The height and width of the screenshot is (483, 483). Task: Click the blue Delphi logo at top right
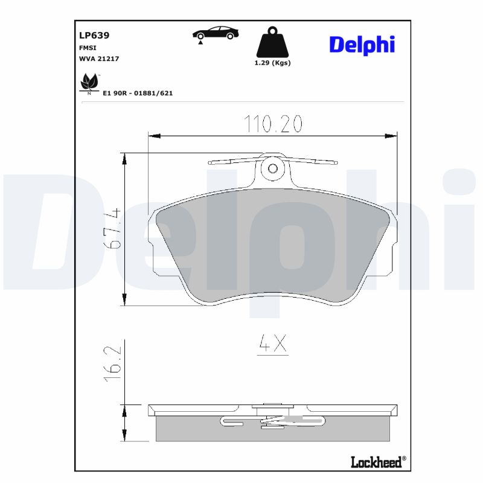point(362,44)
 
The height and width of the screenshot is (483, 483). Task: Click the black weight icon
point(272,42)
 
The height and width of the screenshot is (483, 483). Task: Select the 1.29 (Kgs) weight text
point(272,63)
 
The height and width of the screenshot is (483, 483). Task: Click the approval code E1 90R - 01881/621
point(138,94)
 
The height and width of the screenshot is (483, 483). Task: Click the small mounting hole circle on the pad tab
point(272,168)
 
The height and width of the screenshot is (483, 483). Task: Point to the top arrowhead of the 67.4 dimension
point(125,159)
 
